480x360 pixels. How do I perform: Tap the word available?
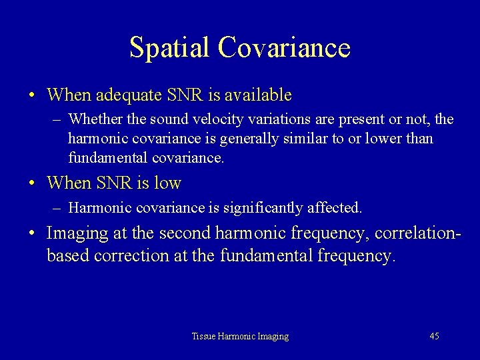click(x=257, y=95)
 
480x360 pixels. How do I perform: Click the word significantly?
click(x=269, y=208)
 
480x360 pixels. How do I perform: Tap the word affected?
click(x=338, y=208)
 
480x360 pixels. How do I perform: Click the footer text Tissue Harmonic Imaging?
click(x=240, y=337)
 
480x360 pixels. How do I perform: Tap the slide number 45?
click(x=434, y=337)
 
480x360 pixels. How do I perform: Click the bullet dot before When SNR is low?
click(x=32, y=183)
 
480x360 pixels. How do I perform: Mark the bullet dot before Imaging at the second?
click(x=32, y=233)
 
